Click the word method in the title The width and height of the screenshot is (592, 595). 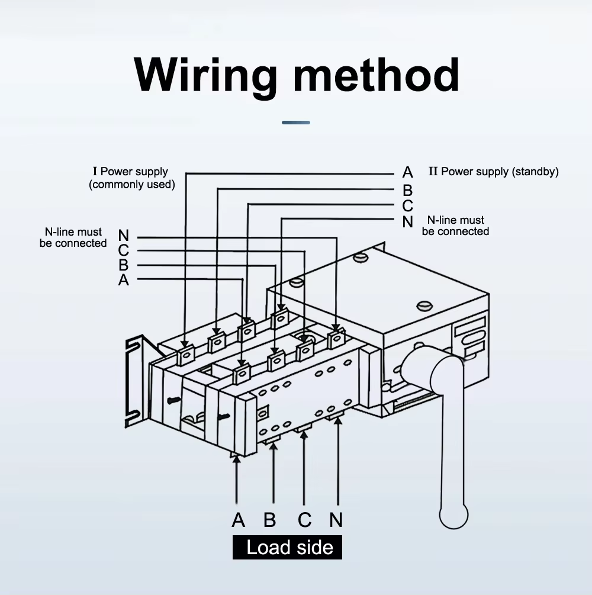coord(376,75)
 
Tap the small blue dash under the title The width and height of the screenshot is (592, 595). coord(296,123)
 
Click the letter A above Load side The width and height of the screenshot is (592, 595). coord(238,520)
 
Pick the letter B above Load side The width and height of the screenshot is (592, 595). coord(270,520)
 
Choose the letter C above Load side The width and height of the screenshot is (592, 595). coord(304,520)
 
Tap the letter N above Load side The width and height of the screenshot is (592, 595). coord(336,520)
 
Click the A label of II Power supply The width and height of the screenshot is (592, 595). coord(407,172)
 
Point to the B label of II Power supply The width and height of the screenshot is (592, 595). coord(407,191)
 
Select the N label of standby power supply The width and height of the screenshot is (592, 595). coord(407,222)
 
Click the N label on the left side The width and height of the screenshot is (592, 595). coord(123,237)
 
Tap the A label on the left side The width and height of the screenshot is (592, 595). coord(123,280)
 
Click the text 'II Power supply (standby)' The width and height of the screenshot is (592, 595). coord(493,172)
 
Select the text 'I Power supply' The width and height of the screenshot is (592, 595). coord(130,172)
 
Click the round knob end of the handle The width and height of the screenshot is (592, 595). coord(453,516)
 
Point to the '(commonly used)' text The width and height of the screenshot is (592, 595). coord(132,184)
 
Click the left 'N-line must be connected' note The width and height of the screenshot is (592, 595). coord(73,237)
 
